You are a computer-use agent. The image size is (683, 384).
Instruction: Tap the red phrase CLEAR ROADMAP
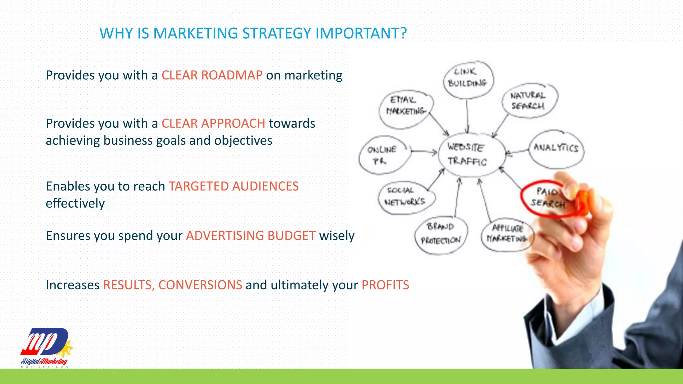pyautogui.click(x=212, y=75)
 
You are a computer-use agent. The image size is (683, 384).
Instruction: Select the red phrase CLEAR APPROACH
pyautogui.click(x=213, y=124)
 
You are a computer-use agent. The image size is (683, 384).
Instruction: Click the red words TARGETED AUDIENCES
pyautogui.click(x=233, y=186)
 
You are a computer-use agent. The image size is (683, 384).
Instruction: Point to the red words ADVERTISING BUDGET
pyautogui.click(x=251, y=236)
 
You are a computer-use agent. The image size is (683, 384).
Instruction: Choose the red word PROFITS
pyautogui.click(x=385, y=285)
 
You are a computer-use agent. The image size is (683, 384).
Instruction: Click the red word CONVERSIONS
pyautogui.click(x=200, y=285)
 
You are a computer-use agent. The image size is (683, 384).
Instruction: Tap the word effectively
pyautogui.click(x=75, y=203)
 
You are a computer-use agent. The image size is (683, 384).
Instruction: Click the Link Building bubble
pyautogui.click(x=468, y=79)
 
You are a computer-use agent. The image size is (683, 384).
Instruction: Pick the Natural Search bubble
pyautogui.click(x=529, y=100)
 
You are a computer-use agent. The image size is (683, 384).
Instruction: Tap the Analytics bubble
pyautogui.click(x=556, y=149)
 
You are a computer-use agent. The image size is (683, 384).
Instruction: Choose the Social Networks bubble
pyautogui.click(x=406, y=197)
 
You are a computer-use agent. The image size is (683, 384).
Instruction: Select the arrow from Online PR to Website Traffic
pyautogui.click(x=424, y=152)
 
